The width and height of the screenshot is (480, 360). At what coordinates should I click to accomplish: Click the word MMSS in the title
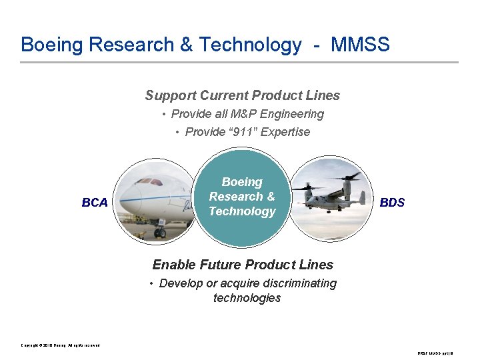point(360,45)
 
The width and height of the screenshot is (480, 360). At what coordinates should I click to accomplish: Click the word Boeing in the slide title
point(52,45)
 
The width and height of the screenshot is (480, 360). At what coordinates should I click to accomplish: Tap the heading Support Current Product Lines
point(243,95)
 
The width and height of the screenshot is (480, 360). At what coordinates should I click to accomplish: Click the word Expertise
point(285,132)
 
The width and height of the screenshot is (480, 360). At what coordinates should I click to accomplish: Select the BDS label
point(392,202)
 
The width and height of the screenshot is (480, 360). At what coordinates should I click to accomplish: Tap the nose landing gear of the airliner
point(160,231)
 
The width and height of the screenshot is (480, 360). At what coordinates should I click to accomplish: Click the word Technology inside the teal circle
point(242,211)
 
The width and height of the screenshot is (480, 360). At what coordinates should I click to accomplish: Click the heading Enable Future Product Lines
point(243,265)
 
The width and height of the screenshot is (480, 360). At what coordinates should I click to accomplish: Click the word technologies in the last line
point(247,298)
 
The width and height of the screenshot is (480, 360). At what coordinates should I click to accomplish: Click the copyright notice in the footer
point(60,345)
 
